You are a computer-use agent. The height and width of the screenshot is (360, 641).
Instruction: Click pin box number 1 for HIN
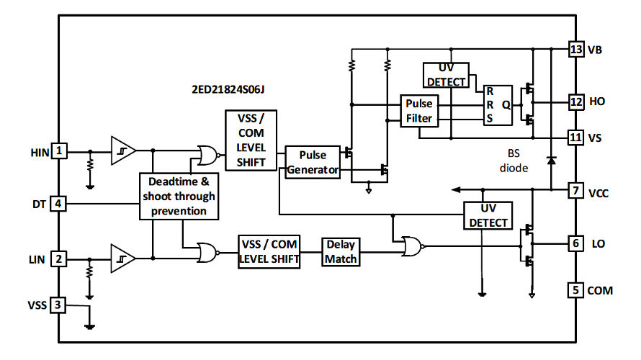[x=60, y=151]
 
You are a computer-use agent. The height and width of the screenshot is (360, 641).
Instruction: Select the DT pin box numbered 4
[x=60, y=204]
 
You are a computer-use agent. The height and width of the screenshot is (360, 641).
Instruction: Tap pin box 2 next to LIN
[x=60, y=258]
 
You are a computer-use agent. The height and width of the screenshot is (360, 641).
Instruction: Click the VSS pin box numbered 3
[x=60, y=305]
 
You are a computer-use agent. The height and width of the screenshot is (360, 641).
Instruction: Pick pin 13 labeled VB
[x=575, y=50]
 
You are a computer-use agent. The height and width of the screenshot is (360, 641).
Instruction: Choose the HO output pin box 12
[x=575, y=102]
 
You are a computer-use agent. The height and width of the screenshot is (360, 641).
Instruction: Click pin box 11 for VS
[x=575, y=137]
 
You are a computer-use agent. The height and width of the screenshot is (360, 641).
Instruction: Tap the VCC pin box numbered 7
[x=575, y=192]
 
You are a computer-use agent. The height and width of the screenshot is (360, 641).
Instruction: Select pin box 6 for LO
[x=575, y=243]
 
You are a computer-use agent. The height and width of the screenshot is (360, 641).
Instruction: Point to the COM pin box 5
[x=575, y=290]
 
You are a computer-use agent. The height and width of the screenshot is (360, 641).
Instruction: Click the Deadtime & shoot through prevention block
[x=179, y=197]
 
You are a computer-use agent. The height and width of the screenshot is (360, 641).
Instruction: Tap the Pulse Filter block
[x=418, y=111]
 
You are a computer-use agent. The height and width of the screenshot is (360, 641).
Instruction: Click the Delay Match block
[x=341, y=252]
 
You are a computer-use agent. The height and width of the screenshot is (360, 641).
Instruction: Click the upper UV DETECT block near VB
[x=447, y=75]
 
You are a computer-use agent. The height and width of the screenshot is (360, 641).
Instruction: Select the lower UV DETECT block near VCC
[x=489, y=216]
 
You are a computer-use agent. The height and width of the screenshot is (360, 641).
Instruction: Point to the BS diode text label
[x=513, y=161]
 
